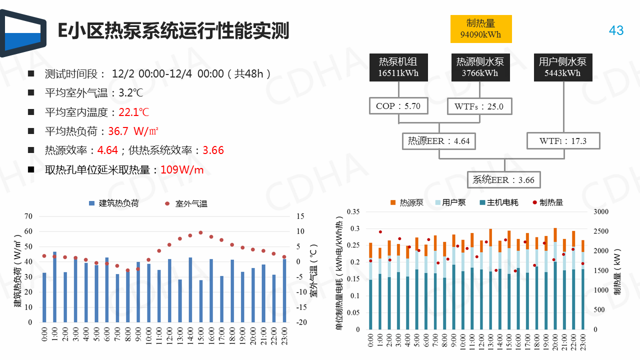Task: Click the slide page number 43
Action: pos(616,30)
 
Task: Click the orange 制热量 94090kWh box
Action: pos(480,29)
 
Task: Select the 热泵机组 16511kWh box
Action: pos(397,67)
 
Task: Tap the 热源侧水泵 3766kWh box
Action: pos(480,67)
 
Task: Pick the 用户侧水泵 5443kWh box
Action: pos(562,67)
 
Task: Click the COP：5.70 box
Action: pos(398,106)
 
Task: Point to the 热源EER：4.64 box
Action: pos(439,141)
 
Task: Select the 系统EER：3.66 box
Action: pos(503,180)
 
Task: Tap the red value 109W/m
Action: pos(182,170)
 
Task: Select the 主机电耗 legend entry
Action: pos(499,202)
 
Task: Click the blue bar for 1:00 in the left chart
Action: pos(54,287)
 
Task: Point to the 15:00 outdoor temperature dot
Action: pos(200,232)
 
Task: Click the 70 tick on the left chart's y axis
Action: pos(28,216)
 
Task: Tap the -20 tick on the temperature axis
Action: pos(301,322)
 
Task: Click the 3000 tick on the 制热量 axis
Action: pos(601,212)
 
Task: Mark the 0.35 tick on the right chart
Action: pos(353,212)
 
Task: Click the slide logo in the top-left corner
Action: pos(23,33)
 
